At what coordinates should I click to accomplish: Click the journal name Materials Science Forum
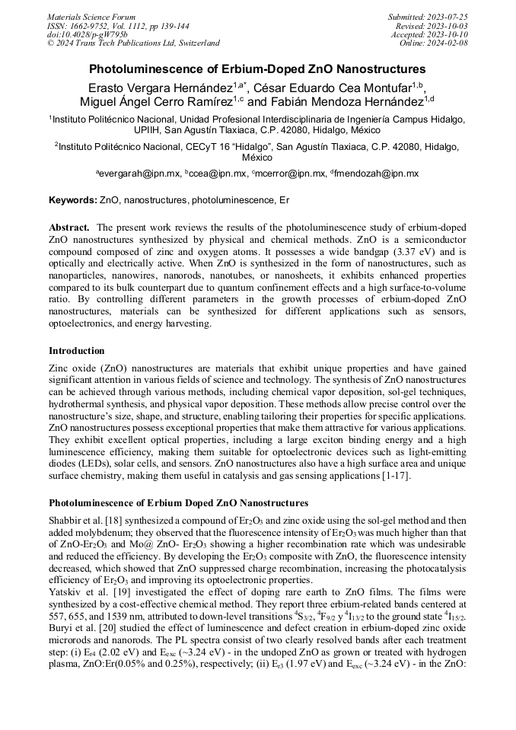(x=91, y=16)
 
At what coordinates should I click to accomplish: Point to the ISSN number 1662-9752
(x=89, y=25)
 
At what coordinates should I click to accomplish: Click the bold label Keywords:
(x=72, y=200)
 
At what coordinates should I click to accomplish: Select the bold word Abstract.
(x=70, y=228)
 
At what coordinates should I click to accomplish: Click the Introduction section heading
(x=77, y=351)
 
